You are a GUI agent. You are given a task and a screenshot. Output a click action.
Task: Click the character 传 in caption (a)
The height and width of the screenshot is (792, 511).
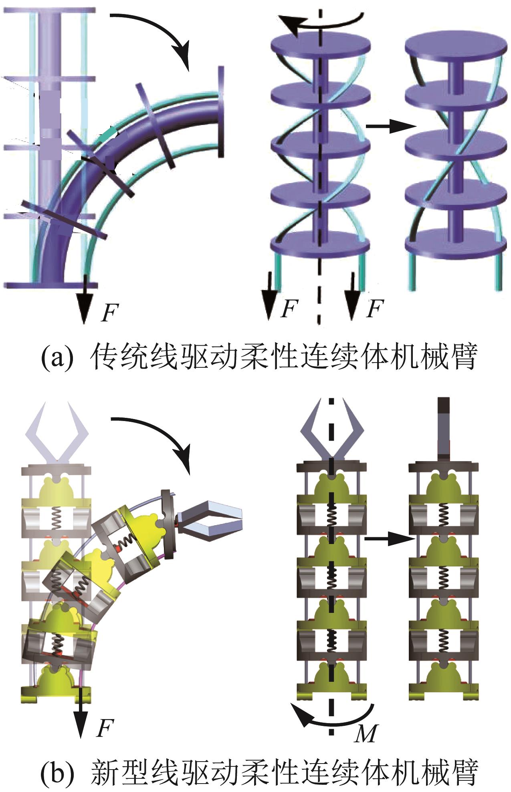click(105, 357)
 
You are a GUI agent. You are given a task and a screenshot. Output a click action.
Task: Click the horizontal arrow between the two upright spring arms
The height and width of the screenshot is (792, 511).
click(389, 539)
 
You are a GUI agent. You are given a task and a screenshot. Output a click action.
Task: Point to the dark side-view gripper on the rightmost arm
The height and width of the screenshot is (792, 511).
click(444, 429)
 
